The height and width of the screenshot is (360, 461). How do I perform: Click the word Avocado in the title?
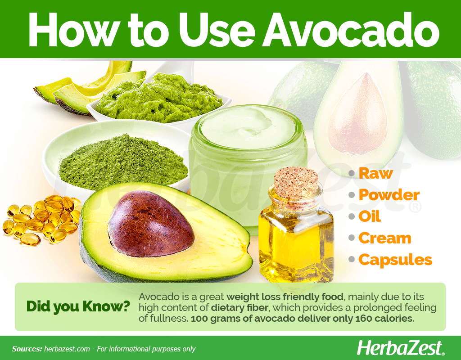pos(351,30)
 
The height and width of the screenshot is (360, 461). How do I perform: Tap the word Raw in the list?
pos(376,173)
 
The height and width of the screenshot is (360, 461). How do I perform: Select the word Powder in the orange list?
pos(389,195)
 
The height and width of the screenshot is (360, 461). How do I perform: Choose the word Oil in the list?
pos(370,216)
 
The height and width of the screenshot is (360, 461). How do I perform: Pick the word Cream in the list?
pos(384,238)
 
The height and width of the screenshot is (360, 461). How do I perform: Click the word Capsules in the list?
pos(395,260)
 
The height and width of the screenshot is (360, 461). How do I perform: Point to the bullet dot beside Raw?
pos(352,173)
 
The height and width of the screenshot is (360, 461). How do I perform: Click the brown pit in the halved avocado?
pos(151,223)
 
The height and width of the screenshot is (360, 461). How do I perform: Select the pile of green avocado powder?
pos(123,162)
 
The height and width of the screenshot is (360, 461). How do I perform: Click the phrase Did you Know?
pos(78,306)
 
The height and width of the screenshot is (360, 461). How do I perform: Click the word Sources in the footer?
pos(27,349)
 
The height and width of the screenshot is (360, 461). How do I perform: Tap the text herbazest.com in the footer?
pos(67,349)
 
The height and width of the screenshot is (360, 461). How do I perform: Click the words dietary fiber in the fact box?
pos(240,308)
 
